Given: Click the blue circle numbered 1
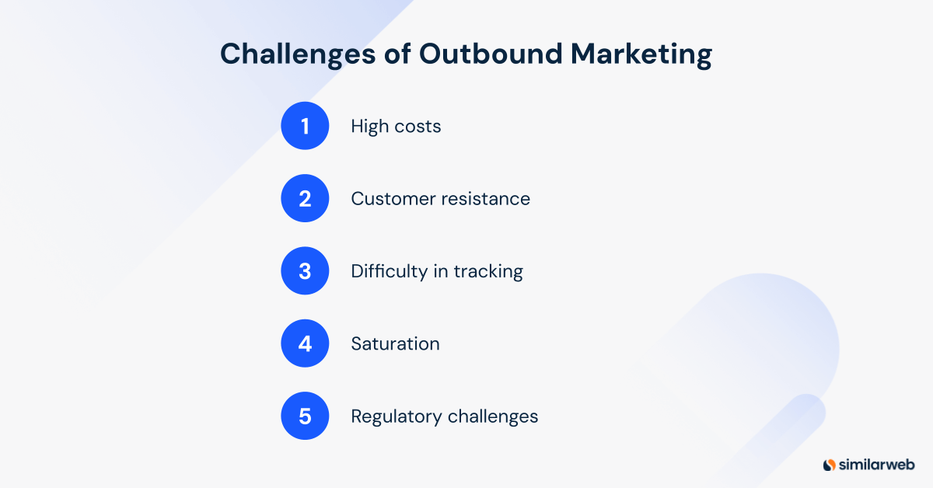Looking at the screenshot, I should click(x=305, y=126).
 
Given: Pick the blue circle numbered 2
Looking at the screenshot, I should click(x=305, y=198).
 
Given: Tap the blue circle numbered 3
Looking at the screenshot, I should click(x=305, y=271).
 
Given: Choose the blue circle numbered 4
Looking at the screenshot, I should click(x=305, y=343).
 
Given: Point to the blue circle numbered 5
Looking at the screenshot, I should click(x=305, y=417).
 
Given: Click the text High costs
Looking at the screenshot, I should click(x=396, y=126).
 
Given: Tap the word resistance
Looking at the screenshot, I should click(x=485, y=198).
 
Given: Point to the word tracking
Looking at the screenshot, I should click(x=488, y=271).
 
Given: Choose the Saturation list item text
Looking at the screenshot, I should click(x=395, y=343).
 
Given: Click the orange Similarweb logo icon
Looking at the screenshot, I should click(x=830, y=465).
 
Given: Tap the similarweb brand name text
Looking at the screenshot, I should click(x=877, y=465).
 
